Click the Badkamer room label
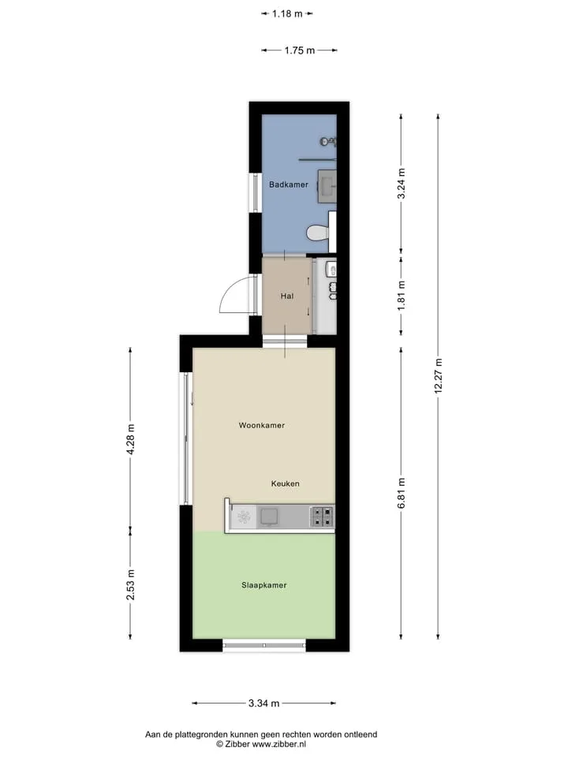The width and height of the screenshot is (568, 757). click(x=289, y=185)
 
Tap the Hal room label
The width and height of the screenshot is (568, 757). click(x=287, y=296)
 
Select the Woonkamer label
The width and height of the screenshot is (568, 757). click(x=262, y=425)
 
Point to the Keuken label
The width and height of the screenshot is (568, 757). click(x=285, y=483)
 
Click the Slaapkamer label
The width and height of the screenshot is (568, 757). click(x=264, y=585)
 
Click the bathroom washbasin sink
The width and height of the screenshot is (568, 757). click(x=327, y=185)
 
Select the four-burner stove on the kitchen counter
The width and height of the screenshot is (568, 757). click(x=322, y=516)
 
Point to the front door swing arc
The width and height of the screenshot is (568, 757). click(x=227, y=291)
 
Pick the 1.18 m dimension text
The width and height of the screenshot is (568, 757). click(x=287, y=13)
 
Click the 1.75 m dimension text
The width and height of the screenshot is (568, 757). click(x=300, y=50)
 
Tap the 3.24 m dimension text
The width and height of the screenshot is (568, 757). click(x=401, y=184)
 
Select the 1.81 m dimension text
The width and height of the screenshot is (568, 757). click(x=401, y=296)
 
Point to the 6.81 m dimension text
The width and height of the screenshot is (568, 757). click(x=401, y=493)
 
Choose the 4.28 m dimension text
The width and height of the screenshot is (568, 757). click(x=130, y=439)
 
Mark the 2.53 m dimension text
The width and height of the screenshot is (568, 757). click(x=130, y=584)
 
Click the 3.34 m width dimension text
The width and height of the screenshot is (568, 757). click(x=263, y=703)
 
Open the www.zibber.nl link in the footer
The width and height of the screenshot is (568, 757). click(x=278, y=744)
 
